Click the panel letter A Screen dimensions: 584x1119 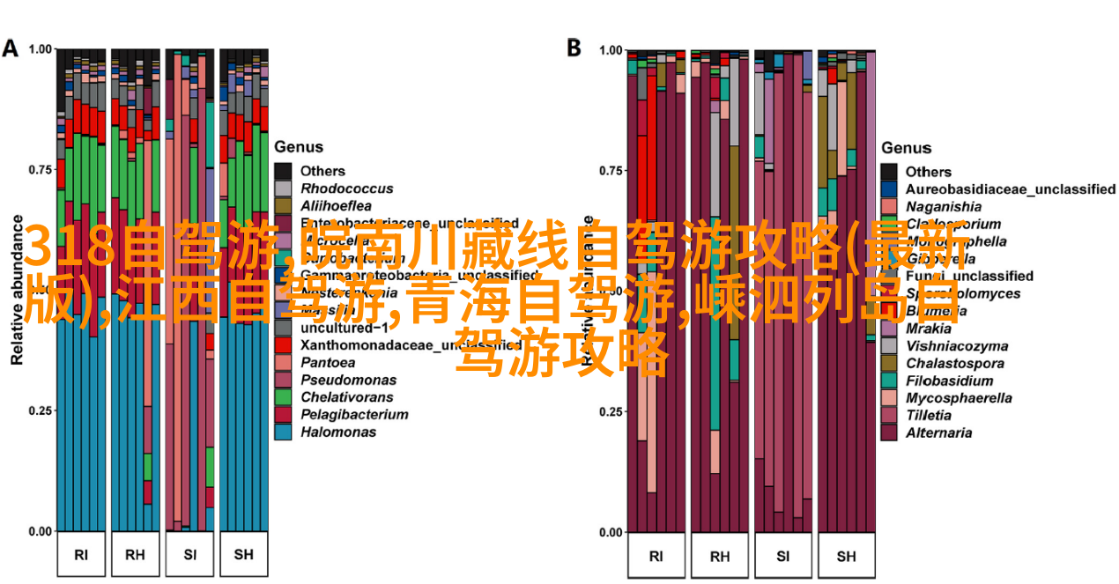[x=11, y=48]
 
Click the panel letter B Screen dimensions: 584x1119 [x=573, y=48]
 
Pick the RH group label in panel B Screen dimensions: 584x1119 [x=719, y=556]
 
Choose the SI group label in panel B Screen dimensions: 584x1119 [x=782, y=556]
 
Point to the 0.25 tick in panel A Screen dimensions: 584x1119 [x=41, y=410]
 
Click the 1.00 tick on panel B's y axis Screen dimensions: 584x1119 [x=611, y=50]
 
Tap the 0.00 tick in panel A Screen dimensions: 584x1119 [x=41, y=531]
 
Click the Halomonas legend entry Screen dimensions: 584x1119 [x=338, y=432]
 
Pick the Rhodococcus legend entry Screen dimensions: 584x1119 [x=346, y=189]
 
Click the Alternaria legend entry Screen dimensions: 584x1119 [x=938, y=432]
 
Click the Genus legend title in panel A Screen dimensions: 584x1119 [x=299, y=147]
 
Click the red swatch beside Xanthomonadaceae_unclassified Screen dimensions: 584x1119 [x=283, y=345]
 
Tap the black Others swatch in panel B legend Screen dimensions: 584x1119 [x=889, y=172]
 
